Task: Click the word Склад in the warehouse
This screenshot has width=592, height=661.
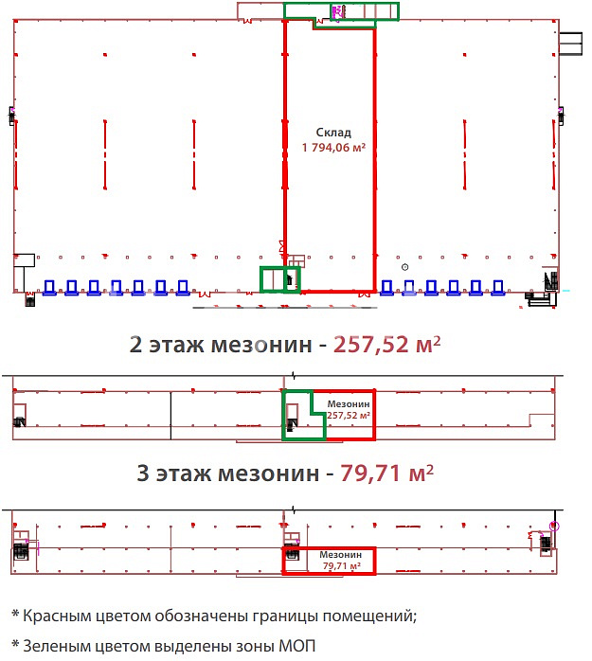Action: (333, 133)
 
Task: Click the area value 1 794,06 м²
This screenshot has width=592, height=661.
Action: (333, 147)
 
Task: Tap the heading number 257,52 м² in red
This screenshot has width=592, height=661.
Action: (387, 345)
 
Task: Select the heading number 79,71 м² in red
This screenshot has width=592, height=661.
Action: (387, 473)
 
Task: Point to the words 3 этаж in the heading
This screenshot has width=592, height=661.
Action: (173, 473)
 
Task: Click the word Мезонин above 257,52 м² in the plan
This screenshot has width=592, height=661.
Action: (349, 403)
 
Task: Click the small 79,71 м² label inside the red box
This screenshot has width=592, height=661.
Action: (342, 565)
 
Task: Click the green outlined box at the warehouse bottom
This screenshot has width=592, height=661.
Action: (280, 279)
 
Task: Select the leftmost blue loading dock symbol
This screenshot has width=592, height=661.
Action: (49, 288)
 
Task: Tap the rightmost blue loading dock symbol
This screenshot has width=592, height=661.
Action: (498, 288)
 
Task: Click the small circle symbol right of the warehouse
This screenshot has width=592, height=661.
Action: (404, 267)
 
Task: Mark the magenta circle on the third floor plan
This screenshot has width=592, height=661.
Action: (554, 527)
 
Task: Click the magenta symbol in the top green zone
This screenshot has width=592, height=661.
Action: (337, 12)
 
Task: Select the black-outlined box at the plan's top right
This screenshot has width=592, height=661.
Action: (570, 44)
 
